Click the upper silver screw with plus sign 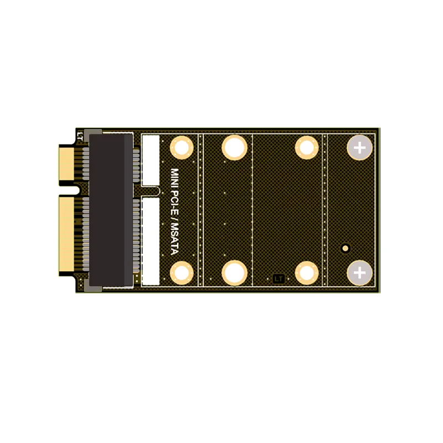coord(359,148)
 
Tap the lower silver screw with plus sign coord(359,273)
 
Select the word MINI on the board coord(174,177)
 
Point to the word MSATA coord(175,239)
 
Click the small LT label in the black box coord(279,279)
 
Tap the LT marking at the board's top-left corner coord(80,136)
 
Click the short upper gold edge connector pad coord(66,164)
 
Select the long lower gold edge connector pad coord(66,234)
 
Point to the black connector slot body coord(111,210)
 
